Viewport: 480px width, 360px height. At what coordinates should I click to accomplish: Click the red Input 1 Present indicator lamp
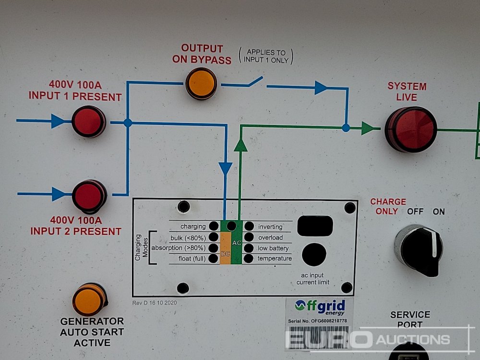[88, 121]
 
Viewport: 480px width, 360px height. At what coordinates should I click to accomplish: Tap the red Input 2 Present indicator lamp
[89, 196]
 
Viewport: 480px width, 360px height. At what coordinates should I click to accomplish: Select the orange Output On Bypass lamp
[201, 83]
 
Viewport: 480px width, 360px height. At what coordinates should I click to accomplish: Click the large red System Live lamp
[410, 129]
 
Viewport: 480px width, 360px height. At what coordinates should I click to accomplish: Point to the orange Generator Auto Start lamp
[89, 300]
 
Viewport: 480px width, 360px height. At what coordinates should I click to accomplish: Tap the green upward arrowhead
[240, 145]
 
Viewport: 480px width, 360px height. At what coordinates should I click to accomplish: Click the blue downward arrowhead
[225, 168]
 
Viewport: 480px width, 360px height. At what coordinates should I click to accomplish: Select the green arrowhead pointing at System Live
[368, 128]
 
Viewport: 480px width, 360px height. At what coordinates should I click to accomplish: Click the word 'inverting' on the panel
[270, 227]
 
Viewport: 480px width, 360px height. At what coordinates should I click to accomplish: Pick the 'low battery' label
[274, 248]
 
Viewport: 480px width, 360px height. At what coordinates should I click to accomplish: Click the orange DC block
[225, 248]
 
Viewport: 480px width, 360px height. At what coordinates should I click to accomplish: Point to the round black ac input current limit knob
[314, 254]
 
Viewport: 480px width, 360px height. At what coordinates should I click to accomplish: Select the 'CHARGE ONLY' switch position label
[387, 206]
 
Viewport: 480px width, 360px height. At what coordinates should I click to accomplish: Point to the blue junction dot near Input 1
[127, 123]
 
